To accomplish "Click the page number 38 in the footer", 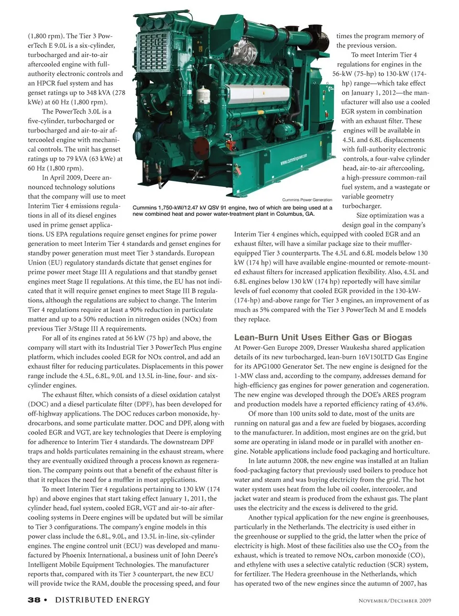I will click(34, 600).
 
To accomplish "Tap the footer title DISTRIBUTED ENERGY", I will click(102, 600).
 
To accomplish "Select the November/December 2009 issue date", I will click(395, 601).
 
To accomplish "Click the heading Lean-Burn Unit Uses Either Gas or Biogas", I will click(323, 337).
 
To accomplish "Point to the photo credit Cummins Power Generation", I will click(307, 200).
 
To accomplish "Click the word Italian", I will click(416, 461).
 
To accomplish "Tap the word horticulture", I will click(411, 451).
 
